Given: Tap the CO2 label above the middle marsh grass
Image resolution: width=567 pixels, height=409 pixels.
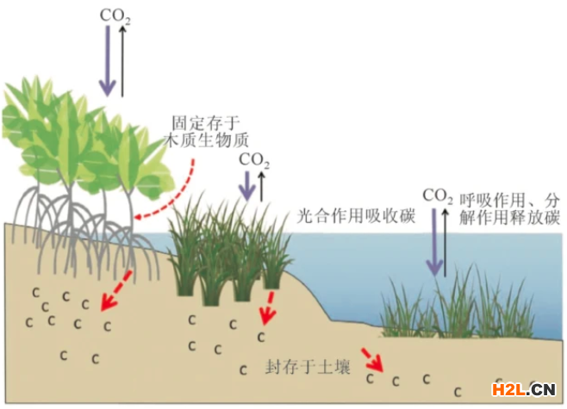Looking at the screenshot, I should (x=253, y=159).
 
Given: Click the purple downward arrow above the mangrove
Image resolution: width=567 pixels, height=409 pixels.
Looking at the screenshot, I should (x=107, y=60).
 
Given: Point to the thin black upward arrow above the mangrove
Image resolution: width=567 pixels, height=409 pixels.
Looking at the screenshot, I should (x=123, y=60).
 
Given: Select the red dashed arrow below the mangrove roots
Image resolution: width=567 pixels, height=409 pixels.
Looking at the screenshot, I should (x=115, y=289).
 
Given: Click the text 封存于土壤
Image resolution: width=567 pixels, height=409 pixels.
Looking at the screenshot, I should (x=296, y=368).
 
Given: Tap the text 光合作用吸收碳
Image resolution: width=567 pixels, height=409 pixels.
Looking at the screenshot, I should (x=355, y=215).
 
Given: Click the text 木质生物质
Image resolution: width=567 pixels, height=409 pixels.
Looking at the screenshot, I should (x=208, y=139).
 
